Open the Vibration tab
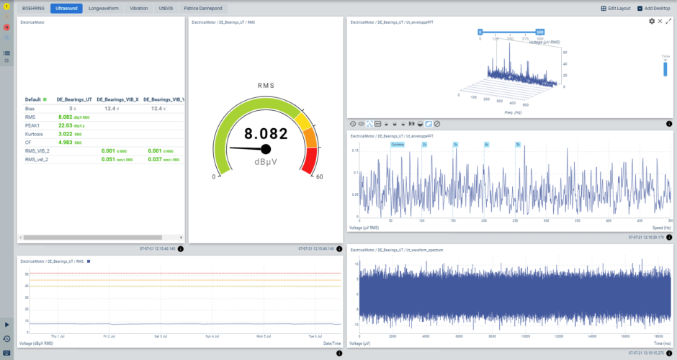[x=138, y=9]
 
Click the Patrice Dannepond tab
[x=202, y=9]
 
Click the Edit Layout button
[x=616, y=9]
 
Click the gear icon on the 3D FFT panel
[x=652, y=22]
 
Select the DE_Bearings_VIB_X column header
[x=117, y=99]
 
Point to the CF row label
[x=29, y=142]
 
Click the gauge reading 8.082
[x=265, y=133]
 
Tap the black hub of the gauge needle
[x=266, y=149]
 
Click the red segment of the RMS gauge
[x=310, y=161]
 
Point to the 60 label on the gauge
[x=319, y=176]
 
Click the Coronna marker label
[x=398, y=145]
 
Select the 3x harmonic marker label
[x=455, y=145]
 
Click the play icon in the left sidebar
[x=7, y=325]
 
